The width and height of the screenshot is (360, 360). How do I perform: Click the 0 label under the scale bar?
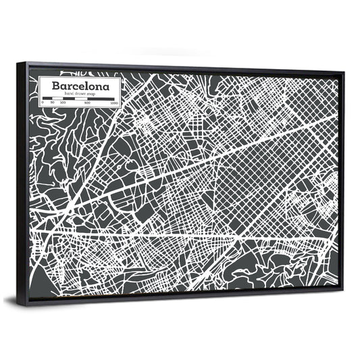click(x=43, y=103)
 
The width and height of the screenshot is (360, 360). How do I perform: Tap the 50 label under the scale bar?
click(x=52, y=103)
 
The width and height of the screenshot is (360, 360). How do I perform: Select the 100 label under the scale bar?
click(x=62, y=103)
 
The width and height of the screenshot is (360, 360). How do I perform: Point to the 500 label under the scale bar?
click(x=88, y=103)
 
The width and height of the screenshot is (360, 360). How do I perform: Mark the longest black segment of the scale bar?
click(x=102, y=99)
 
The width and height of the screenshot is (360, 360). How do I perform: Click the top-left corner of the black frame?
click(x=18, y=63)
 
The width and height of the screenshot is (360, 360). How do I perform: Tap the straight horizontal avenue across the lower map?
click(x=169, y=235)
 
